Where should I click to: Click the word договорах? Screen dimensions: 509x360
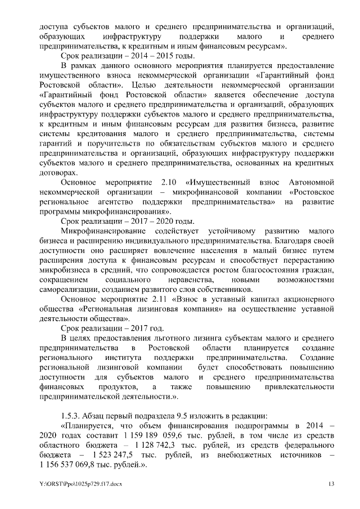point(56,173)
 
